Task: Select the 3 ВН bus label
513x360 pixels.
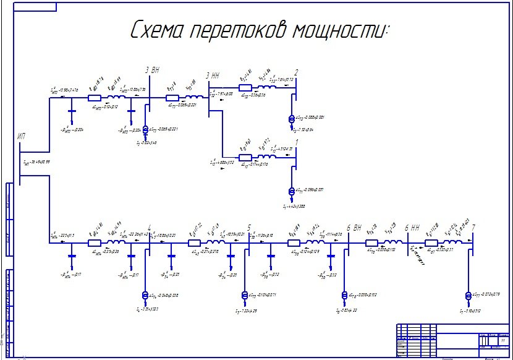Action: [152, 71]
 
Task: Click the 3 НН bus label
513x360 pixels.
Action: [212, 75]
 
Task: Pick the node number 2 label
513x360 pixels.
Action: [296, 73]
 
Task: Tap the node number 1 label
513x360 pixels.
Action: [296, 142]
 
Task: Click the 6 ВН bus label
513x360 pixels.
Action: [354, 228]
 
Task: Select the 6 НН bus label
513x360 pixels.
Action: [412, 228]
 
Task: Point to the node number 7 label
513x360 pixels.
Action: [473, 228]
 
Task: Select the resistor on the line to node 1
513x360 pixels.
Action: [245, 157]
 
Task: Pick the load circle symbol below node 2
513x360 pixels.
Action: [292, 118]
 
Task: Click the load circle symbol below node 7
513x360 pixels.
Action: [468, 296]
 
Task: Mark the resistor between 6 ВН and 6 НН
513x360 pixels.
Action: [371, 243]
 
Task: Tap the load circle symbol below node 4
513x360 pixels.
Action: [146, 295]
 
